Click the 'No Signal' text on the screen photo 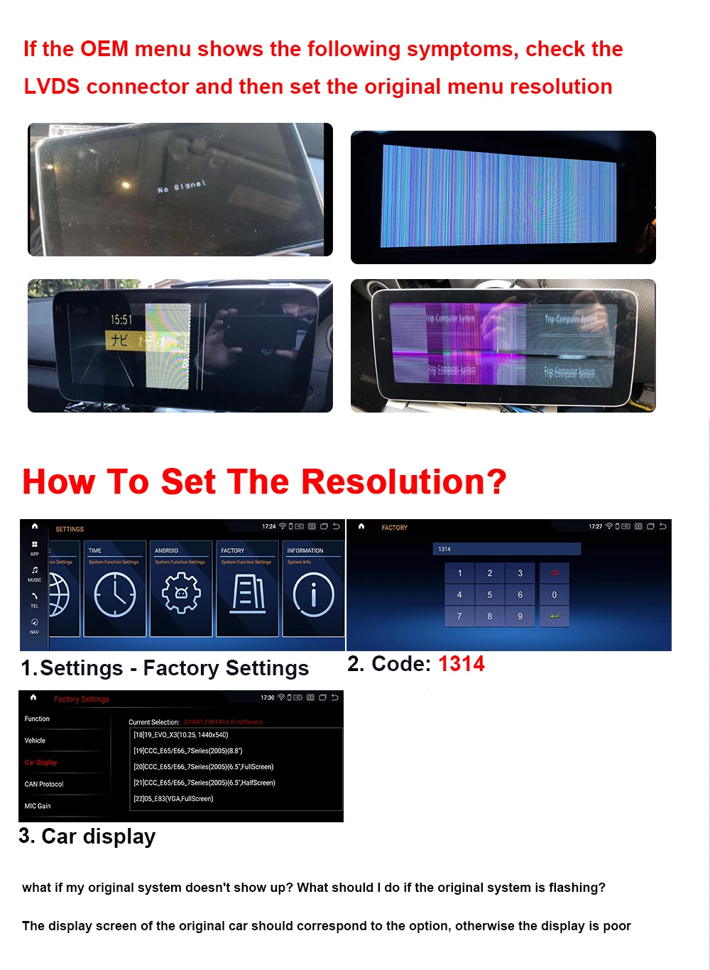(x=182, y=187)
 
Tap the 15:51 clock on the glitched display (x=121, y=320)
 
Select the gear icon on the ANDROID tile (x=181, y=594)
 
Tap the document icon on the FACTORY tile (x=247, y=594)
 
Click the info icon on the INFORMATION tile (x=313, y=594)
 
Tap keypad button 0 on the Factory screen (x=555, y=595)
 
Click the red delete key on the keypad (x=555, y=573)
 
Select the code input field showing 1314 (x=506, y=549)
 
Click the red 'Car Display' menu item (x=40, y=763)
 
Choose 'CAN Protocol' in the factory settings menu (x=44, y=784)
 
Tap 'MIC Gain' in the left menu (x=38, y=806)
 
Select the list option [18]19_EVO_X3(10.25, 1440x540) (x=181, y=735)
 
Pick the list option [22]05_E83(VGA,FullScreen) (x=173, y=799)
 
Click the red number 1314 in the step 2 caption (x=461, y=664)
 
